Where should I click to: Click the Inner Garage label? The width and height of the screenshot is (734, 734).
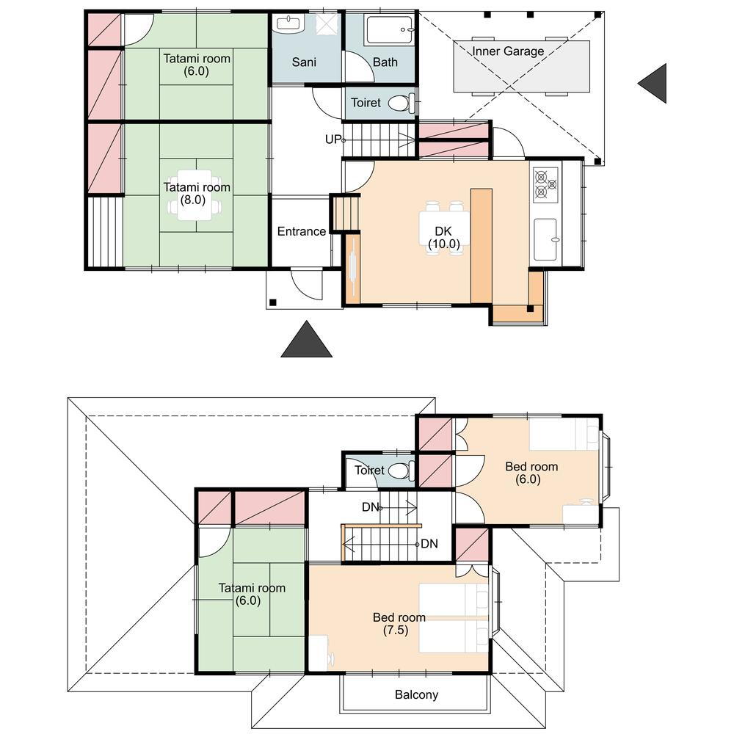pos(508,51)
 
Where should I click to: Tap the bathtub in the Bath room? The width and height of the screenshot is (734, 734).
pos(390,30)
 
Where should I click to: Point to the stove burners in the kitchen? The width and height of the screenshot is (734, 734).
pos(545,184)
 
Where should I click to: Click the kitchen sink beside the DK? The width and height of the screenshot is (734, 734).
pos(546,239)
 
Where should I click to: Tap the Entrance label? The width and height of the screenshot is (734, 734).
pos(302,231)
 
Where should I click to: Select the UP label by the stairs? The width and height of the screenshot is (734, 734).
pos(333,139)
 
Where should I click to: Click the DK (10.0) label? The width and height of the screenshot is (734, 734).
pos(443,237)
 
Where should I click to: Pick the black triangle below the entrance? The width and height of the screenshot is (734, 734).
pos(307,339)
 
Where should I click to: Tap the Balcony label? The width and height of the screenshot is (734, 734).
pos(417,694)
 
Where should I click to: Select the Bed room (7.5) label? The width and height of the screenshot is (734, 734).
pos(399,623)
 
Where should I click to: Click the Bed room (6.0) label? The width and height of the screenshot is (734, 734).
pos(531,473)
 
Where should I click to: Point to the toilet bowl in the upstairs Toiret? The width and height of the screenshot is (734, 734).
pos(401,470)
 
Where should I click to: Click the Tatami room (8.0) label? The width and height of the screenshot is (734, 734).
pos(197,193)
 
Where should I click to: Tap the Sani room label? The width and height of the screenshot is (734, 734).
pos(305,62)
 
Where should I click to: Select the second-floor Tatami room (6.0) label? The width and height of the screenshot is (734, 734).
pos(252,594)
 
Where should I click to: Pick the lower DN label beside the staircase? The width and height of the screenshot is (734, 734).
pos(429,544)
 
